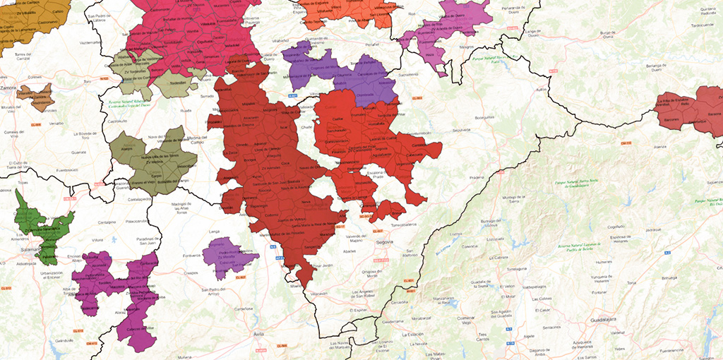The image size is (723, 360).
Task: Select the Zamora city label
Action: (8, 88)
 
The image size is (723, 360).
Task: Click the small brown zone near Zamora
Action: (35, 97)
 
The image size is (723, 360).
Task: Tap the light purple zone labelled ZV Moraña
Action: (227, 256)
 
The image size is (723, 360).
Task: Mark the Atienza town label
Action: (660, 147)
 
